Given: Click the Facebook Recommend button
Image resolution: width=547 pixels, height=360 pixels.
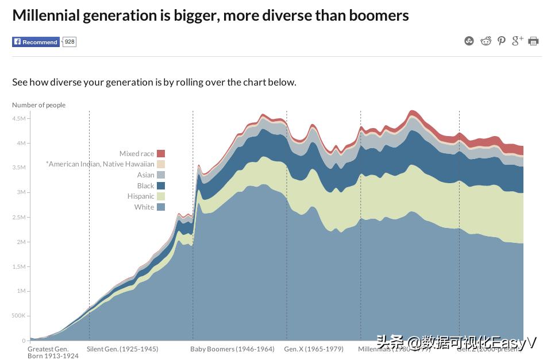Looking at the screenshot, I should (36, 42).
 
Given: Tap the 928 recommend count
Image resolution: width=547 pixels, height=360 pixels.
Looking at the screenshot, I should (69, 42).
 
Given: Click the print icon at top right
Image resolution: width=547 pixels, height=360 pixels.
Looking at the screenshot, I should (533, 41).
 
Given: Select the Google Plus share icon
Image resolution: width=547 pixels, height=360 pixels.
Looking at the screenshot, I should (517, 40).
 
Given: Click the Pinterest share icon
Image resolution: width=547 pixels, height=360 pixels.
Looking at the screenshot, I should (502, 41).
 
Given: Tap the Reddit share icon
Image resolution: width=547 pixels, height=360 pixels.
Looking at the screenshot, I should (486, 41).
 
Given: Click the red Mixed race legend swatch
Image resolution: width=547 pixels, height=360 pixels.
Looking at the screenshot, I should (161, 153).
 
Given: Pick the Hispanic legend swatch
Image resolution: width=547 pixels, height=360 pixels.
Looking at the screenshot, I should (161, 196).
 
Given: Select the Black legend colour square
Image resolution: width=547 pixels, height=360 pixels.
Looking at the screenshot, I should (161, 185).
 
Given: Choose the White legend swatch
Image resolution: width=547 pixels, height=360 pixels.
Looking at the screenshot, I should (161, 207).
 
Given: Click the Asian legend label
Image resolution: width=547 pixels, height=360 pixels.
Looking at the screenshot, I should (145, 175).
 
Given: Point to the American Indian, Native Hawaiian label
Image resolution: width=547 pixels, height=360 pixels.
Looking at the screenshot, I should (100, 164).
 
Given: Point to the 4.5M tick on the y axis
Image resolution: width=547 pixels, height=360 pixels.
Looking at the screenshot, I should (18, 118).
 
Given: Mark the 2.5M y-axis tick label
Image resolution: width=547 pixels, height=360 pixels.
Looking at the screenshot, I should (18, 217).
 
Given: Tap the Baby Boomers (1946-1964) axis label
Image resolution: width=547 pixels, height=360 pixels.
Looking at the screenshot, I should (232, 349).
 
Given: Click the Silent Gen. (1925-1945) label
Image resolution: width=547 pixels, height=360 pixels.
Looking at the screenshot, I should (122, 349).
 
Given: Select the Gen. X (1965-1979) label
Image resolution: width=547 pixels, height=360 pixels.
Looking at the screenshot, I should (314, 349).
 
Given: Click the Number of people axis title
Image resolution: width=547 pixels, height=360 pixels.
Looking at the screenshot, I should (39, 105).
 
